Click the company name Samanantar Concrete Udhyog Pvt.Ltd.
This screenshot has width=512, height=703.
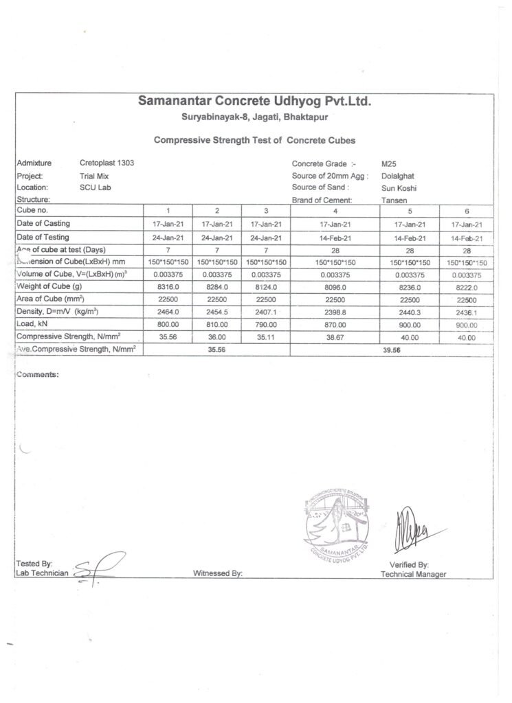coord(254,102)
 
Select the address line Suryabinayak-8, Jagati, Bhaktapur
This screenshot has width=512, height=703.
coord(254,118)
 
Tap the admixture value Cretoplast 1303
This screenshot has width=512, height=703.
coord(107,163)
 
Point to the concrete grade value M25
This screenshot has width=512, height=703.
coord(389,164)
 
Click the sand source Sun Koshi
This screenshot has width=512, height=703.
coord(399,188)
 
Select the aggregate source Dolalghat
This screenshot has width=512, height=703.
coord(397,176)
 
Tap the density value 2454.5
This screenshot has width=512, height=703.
coord(217,311)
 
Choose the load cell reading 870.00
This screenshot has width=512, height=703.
coord(335,324)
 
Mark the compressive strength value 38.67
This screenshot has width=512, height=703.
coord(335,337)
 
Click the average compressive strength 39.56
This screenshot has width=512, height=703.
coord(391,349)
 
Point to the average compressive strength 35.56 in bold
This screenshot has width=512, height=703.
coord(217,349)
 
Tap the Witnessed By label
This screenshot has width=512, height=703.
coord(218,573)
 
